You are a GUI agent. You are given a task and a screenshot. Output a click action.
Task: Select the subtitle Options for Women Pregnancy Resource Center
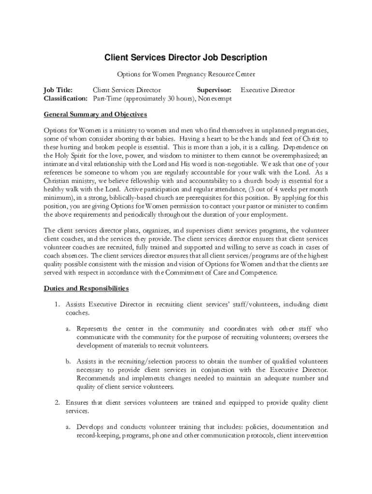(x=186, y=74)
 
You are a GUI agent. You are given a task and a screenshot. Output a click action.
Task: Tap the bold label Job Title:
(x=58, y=90)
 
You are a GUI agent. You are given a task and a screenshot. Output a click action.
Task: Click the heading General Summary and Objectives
(x=95, y=115)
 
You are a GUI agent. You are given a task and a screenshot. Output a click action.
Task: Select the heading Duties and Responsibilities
(x=86, y=288)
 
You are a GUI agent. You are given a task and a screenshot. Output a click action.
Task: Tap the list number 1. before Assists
(x=57, y=304)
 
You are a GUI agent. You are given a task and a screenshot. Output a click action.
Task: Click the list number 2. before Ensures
(x=57, y=402)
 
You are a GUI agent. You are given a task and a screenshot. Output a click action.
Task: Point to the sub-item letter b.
(x=70, y=361)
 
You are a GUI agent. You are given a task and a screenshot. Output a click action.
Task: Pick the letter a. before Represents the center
(x=70, y=329)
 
